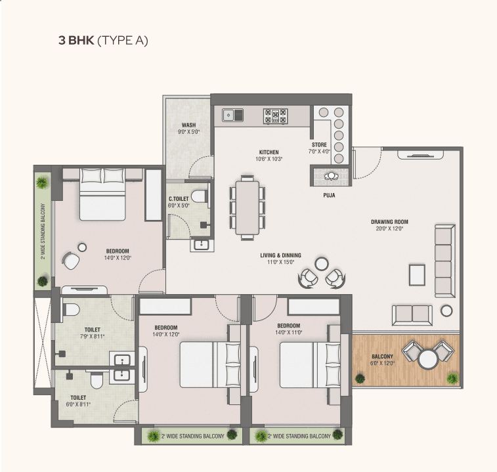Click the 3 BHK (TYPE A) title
point(103,41)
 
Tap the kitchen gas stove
point(276,116)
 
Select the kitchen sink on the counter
point(232,115)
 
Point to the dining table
point(248,207)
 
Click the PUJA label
point(329,195)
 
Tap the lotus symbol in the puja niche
point(332,176)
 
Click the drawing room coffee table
point(417,275)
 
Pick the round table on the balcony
point(428,359)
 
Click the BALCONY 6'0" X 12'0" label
point(382,360)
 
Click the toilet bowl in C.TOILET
point(199,196)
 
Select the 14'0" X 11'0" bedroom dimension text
point(288,332)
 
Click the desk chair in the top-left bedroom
point(71,260)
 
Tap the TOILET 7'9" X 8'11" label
point(92,333)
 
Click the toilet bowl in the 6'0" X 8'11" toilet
point(96,380)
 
